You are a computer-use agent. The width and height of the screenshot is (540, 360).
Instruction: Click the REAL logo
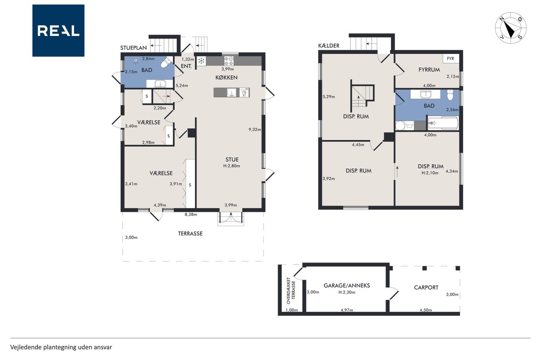pyautogui.click(x=58, y=31)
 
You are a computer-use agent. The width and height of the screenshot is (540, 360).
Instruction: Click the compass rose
pyautogui.click(x=510, y=28)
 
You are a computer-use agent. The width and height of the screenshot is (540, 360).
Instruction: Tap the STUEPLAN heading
pyautogui.click(x=134, y=48)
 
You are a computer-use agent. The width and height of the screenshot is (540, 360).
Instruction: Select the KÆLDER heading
pyautogui.click(x=329, y=46)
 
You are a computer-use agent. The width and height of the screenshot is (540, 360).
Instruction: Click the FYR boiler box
pyautogui.click(x=451, y=59)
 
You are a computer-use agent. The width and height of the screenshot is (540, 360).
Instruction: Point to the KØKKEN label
pyautogui.click(x=227, y=77)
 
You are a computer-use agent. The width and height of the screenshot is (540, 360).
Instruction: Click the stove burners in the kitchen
pyautogui.click(x=229, y=61)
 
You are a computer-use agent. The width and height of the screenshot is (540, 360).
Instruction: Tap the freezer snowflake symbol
pyautogui.click(x=201, y=61)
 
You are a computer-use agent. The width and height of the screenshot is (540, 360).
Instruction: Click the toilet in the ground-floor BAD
pyautogui.click(x=166, y=63)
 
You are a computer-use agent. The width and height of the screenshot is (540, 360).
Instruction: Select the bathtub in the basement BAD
pyautogui.click(x=443, y=124)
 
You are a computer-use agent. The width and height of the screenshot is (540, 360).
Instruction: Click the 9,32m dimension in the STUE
pyautogui.click(x=254, y=130)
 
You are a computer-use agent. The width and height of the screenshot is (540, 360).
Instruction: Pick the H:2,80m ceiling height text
pyautogui.click(x=232, y=166)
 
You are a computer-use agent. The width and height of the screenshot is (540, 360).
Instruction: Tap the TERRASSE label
pyautogui.click(x=190, y=233)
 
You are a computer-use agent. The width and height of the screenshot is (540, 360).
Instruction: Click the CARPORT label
pyautogui.click(x=426, y=287)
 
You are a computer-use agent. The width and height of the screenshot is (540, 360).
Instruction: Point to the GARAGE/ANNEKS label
pyautogui.click(x=347, y=285)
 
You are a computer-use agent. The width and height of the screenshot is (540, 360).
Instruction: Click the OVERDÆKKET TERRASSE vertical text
pyautogui.click(x=291, y=290)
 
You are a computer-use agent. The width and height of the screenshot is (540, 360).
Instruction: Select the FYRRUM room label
pyautogui.click(x=429, y=70)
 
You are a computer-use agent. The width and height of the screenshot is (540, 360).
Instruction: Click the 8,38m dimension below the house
pyautogui.click(x=191, y=214)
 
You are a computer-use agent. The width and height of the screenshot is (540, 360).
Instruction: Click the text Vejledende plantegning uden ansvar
pyautogui.click(x=61, y=347)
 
